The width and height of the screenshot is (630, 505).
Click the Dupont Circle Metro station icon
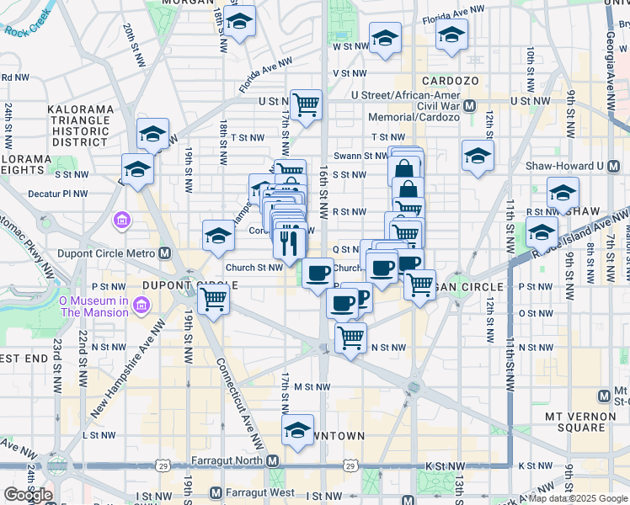[x=165, y=252]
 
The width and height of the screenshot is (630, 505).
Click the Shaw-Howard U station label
[x=558, y=165]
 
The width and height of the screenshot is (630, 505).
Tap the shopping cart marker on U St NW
[x=306, y=105]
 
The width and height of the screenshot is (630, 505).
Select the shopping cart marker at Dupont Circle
[x=214, y=299]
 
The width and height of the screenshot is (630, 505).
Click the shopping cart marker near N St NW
[x=350, y=338]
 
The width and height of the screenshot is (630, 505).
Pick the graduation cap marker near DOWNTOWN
[x=297, y=429]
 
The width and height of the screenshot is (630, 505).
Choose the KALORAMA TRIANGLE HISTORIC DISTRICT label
[x=80, y=126]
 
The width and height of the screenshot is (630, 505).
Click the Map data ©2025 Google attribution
[x=579, y=498]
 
